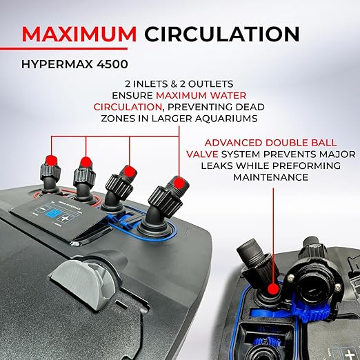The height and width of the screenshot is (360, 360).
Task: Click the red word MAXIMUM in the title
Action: pyautogui.click(x=79, y=34)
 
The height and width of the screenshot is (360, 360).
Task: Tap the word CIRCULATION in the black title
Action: pyautogui.click(x=222, y=34)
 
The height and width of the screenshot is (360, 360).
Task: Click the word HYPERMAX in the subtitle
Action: pyautogui.click(x=57, y=64)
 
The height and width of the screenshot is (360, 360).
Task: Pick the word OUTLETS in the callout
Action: pyautogui.click(x=210, y=84)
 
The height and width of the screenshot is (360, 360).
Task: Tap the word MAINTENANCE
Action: pyautogui.click(x=271, y=177)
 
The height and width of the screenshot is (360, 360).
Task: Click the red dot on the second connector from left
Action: pyautogui.click(x=86, y=162)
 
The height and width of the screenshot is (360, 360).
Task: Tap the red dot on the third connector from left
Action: pyautogui.click(x=129, y=171)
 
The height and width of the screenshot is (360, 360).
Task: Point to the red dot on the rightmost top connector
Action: pyautogui.click(x=179, y=183)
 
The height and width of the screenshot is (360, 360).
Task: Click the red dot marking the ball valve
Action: pyautogui.click(x=273, y=289)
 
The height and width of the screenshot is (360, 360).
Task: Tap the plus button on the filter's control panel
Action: pyautogui.click(x=65, y=219)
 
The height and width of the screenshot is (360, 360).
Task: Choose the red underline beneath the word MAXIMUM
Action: pyautogui.click(x=63, y=49)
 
